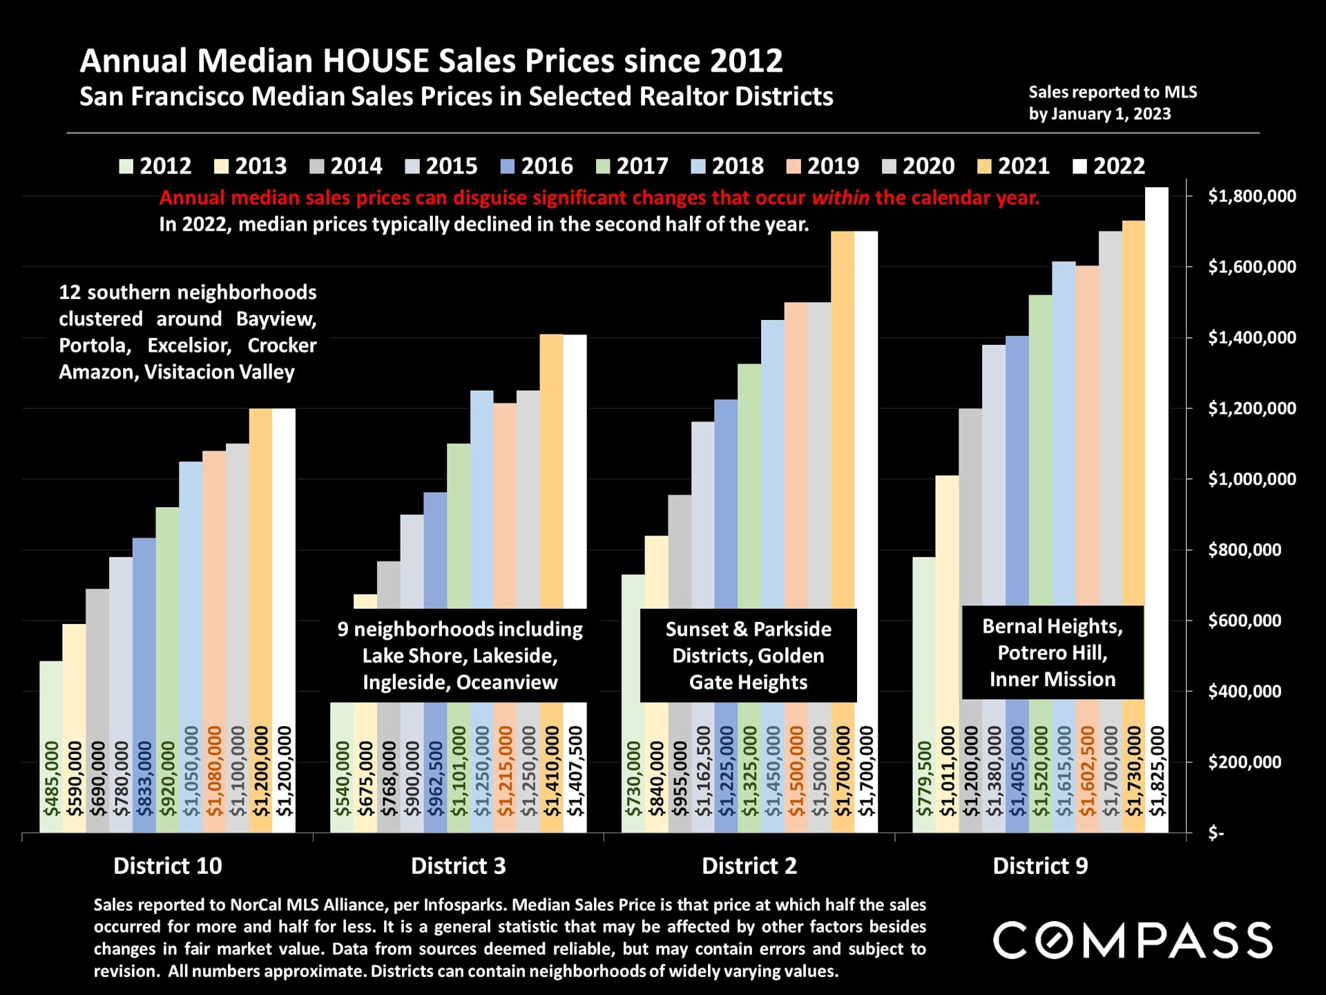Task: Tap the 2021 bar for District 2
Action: [843, 415]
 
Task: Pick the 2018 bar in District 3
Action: [482, 497]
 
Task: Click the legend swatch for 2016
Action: [508, 167]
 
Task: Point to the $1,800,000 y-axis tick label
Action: [1251, 196]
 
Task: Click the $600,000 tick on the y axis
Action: [1244, 620]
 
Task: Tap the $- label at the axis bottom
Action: [1215, 833]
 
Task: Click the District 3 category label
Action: [458, 866]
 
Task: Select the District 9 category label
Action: [1040, 866]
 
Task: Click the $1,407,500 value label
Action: [575, 771]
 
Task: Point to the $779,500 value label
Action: [924, 779]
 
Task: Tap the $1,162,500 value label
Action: [703, 771]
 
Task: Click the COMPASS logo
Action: [1133, 940]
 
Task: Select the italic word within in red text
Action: [840, 198]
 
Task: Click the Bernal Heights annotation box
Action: [1053, 652]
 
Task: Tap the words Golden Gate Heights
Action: [749, 669]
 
